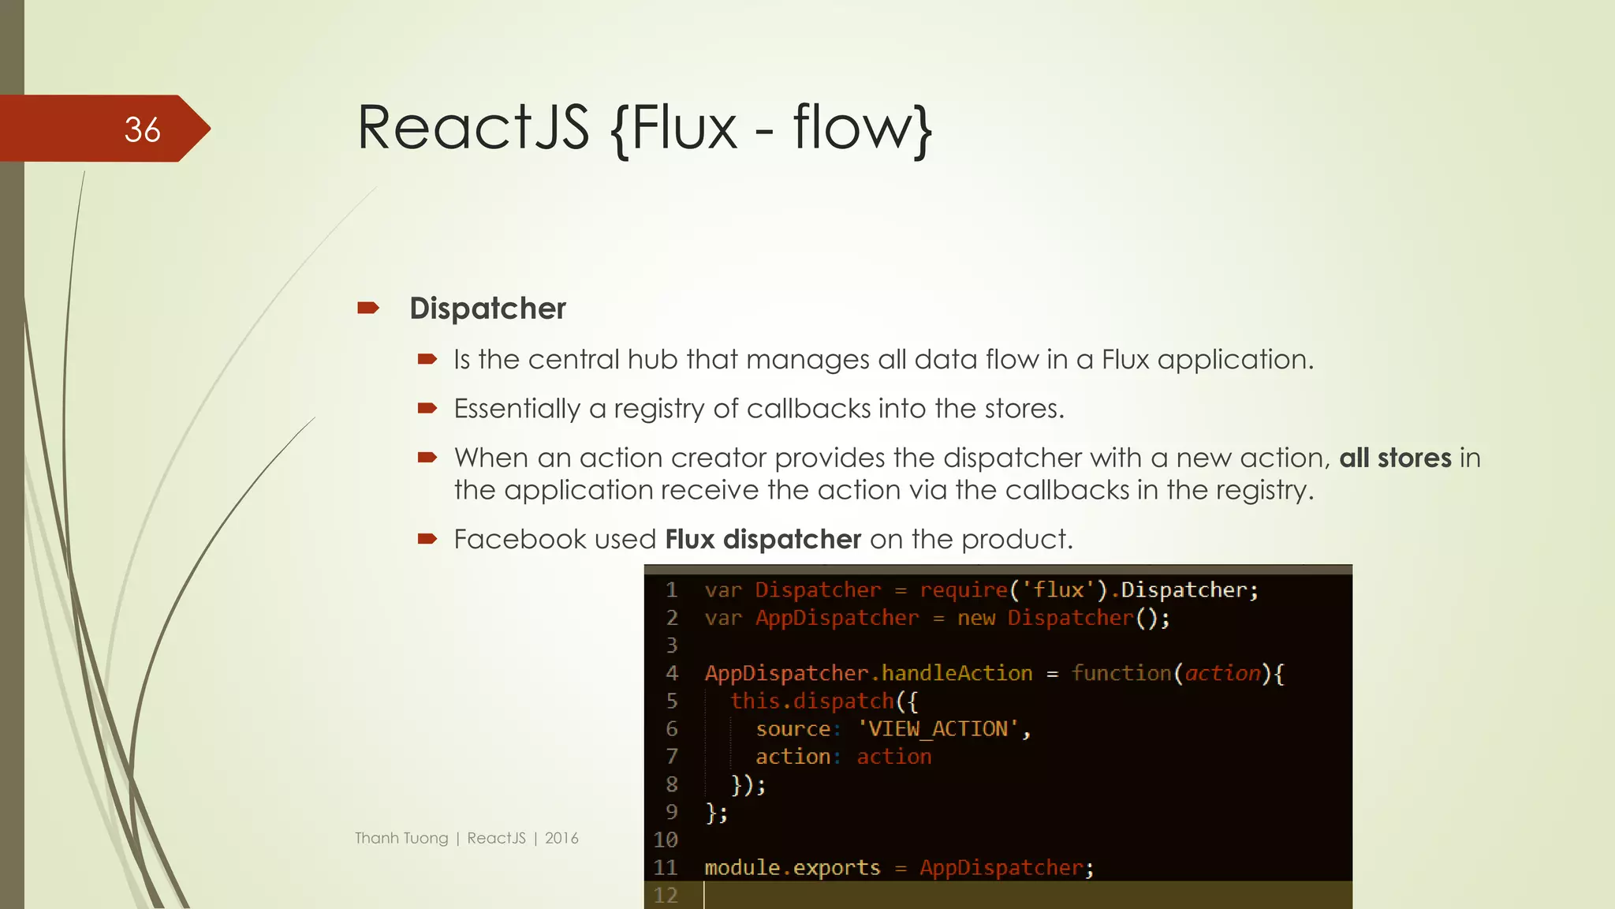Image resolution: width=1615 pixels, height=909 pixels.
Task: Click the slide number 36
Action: [x=142, y=129]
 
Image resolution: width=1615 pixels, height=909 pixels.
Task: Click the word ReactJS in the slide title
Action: [x=472, y=128]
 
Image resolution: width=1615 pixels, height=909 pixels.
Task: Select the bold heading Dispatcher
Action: [x=487, y=309]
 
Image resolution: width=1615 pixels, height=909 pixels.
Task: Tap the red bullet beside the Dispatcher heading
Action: [x=368, y=308]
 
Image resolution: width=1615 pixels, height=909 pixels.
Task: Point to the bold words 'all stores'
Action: [x=1395, y=458]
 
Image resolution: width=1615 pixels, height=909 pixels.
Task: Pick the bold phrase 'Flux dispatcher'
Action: [x=763, y=540]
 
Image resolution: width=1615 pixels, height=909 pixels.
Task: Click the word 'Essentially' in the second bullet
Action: [x=517, y=409]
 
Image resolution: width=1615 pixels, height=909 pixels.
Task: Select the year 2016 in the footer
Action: [x=561, y=838]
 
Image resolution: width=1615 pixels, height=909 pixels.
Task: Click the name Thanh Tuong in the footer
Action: [x=401, y=838]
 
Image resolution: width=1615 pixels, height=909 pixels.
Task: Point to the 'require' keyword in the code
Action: [x=964, y=590]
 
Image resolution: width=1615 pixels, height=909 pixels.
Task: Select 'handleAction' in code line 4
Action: [x=957, y=673]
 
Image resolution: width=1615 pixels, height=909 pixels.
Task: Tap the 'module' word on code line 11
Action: [x=742, y=868]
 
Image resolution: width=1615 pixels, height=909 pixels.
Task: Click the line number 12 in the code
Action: [x=666, y=896]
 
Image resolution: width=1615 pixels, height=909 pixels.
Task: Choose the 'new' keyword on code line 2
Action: [x=976, y=618]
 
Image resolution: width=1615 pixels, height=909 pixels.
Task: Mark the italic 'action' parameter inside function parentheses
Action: [x=1223, y=673]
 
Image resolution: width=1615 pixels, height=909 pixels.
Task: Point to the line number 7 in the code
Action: [x=672, y=757]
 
